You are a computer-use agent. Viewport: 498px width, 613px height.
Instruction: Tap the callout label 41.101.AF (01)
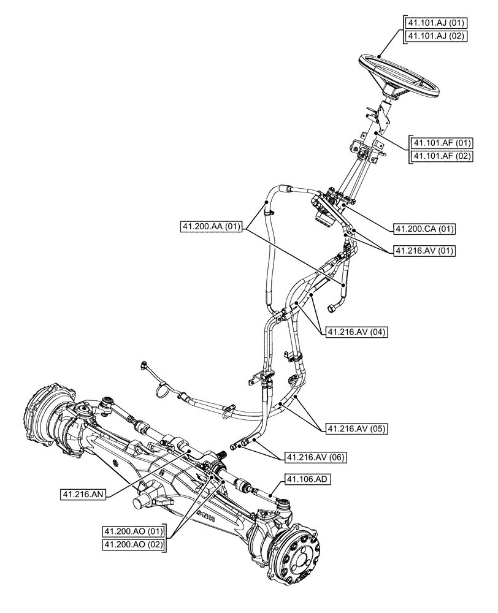click(x=442, y=143)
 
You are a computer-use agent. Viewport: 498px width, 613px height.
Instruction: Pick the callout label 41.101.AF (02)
click(x=442, y=156)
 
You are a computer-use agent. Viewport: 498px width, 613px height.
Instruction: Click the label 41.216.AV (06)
click(x=313, y=458)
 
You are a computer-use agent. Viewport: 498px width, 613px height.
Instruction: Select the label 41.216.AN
click(x=84, y=493)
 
